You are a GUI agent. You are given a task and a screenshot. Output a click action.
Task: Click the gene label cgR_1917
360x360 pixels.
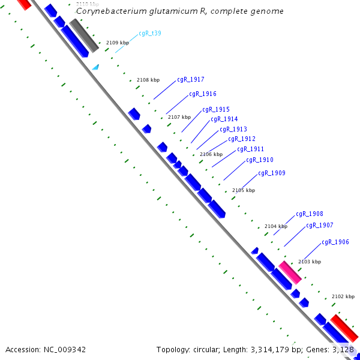click(x=190, y=80)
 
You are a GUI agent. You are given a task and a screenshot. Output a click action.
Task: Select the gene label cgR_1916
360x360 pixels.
click(x=202, y=94)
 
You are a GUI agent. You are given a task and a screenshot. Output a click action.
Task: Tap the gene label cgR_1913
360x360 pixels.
click(x=233, y=130)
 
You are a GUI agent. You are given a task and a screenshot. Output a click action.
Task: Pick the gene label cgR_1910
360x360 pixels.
click(x=259, y=160)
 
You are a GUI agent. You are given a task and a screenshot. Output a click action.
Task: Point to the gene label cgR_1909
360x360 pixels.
click(x=271, y=173)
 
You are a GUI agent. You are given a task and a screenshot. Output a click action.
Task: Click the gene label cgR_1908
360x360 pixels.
click(x=309, y=214)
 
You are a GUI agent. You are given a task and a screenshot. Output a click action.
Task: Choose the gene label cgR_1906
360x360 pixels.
click(x=335, y=242)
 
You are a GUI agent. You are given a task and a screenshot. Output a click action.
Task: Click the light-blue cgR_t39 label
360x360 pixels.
click(x=149, y=34)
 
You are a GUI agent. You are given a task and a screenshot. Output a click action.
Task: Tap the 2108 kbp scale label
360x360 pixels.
click(x=148, y=80)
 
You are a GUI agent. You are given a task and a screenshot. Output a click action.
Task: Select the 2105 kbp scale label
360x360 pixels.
click(x=243, y=190)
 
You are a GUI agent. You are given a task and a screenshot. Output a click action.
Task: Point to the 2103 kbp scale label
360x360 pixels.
click(x=309, y=262)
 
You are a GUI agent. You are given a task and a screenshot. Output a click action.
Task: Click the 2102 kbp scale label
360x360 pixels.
click(x=343, y=296)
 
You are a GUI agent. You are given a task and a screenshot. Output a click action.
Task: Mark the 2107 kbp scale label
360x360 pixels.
click(x=179, y=117)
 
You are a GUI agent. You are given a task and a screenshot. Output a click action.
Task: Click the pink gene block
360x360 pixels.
click(x=290, y=272)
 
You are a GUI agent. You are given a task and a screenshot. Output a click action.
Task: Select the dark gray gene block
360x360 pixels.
click(x=83, y=35)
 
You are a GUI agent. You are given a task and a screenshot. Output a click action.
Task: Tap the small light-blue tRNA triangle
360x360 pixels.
click(x=95, y=68)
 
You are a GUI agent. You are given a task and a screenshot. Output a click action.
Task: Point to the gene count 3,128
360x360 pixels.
click(x=343, y=349)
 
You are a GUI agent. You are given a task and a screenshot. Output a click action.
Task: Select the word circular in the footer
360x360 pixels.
click(x=205, y=349)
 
